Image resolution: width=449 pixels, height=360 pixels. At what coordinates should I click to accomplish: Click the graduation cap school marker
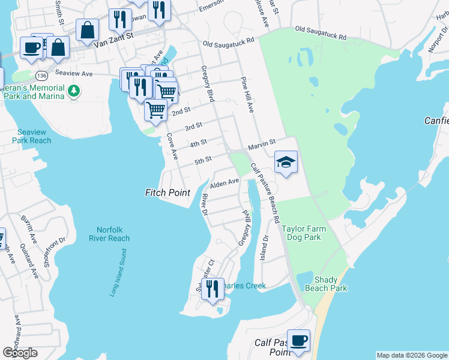click(286, 161)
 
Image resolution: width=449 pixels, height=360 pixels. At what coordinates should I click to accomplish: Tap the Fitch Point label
click(167, 193)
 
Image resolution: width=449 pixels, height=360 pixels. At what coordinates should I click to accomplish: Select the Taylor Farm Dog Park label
click(310, 233)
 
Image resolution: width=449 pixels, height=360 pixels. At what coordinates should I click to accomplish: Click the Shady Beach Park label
click(330, 284)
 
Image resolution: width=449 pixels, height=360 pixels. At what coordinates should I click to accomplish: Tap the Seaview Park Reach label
click(31, 136)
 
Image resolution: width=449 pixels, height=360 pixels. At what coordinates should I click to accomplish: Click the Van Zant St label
click(116, 37)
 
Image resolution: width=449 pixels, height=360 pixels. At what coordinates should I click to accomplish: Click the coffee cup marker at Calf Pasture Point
click(298, 340)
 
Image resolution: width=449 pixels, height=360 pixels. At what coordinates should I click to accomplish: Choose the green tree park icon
click(74, 91)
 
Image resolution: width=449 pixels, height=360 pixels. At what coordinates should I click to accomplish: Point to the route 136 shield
click(41, 76)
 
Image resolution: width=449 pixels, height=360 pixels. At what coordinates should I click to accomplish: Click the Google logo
click(20, 353)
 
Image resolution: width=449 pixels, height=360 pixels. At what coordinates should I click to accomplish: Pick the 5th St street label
click(203, 160)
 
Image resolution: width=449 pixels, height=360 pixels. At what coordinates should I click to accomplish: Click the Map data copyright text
click(411, 355)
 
